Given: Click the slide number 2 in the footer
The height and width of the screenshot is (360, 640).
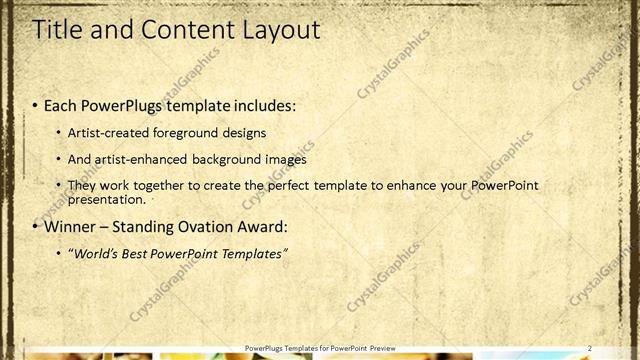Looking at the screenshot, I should pyautogui.click(x=590, y=347).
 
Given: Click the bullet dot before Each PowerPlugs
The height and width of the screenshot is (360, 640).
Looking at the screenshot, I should pyautogui.click(x=36, y=105).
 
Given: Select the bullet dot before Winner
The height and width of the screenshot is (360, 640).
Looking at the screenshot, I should pyautogui.click(x=36, y=226).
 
